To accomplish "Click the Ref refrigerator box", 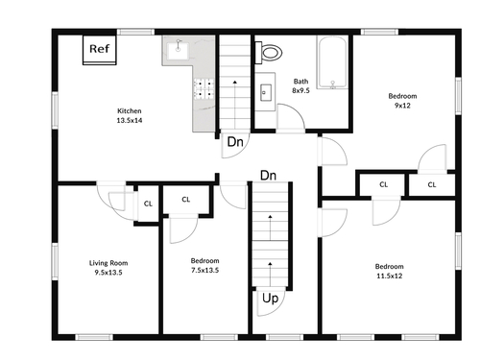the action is click(100, 50).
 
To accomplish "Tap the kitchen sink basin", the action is click(178, 50).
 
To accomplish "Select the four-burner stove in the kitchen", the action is click(204, 89).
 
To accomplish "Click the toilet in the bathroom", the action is click(269, 53).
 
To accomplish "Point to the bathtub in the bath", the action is click(332, 62).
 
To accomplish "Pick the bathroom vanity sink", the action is click(266, 92).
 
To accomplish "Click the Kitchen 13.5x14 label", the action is click(130, 115).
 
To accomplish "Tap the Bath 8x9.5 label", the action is click(300, 85).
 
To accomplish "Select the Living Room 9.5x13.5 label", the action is click(108, 268).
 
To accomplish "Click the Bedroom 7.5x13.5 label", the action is click(204, 265).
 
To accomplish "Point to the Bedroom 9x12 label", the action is click(402, 101).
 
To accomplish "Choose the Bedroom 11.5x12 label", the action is click(389, 271).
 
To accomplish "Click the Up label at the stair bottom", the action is click(270, 299).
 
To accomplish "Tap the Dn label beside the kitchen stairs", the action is click(235, 142).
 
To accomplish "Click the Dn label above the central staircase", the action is click(268, 176).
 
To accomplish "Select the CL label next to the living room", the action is click(148, 204).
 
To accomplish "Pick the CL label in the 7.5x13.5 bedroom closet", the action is click(186, 200).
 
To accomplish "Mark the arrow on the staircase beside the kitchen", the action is click(235, 104).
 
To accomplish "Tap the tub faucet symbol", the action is click(333, 84).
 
